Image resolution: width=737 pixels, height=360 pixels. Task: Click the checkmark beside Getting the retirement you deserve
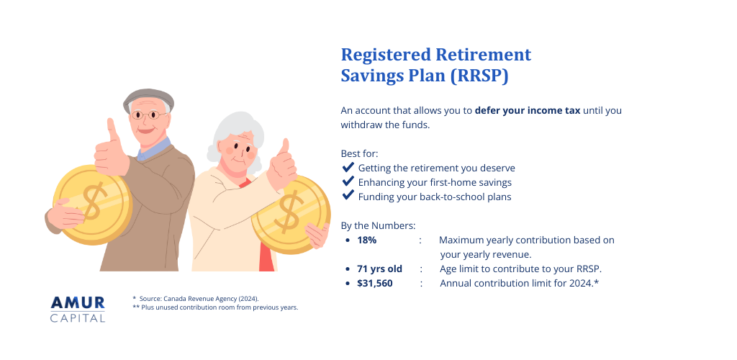click(x=348, y=168)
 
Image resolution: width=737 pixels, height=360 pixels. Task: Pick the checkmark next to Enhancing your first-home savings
click(x=348, y=181)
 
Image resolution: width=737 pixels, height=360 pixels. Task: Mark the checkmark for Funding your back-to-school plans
click(x=348, y=196)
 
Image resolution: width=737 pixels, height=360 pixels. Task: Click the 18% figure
click(x=366, y=240)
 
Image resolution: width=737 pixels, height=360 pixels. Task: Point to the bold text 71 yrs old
click(x=379, y=269)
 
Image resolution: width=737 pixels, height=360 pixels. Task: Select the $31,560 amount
click(x=375, y=283)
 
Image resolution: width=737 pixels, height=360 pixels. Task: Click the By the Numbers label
click(x=378, y=225)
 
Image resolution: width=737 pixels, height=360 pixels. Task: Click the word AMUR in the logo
click(x=78, y=302)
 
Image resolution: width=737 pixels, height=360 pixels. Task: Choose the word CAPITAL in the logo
click(x=78, y=318)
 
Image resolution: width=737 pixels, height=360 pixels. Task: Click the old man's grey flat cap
click(x=148, y=97)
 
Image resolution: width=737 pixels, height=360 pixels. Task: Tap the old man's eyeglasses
click(x=149, y=114)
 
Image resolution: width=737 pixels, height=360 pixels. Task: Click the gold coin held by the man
click(x=93, y=204)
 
